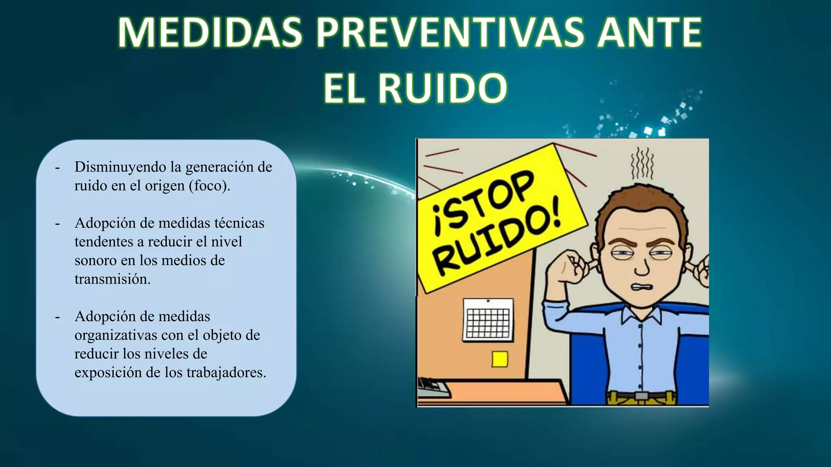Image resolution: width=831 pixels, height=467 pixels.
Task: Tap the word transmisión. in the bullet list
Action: point(112,279)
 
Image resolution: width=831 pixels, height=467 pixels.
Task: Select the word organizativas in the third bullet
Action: point(116,335)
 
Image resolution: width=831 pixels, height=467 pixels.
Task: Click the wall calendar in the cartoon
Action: point(488,320)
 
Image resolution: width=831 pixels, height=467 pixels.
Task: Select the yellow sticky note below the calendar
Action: point(499,359)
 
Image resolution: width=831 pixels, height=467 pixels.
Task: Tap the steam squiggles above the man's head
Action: point(642,164)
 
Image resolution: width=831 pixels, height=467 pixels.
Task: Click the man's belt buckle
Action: point(642,396)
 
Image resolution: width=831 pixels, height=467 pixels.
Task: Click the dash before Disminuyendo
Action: point(57,167)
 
